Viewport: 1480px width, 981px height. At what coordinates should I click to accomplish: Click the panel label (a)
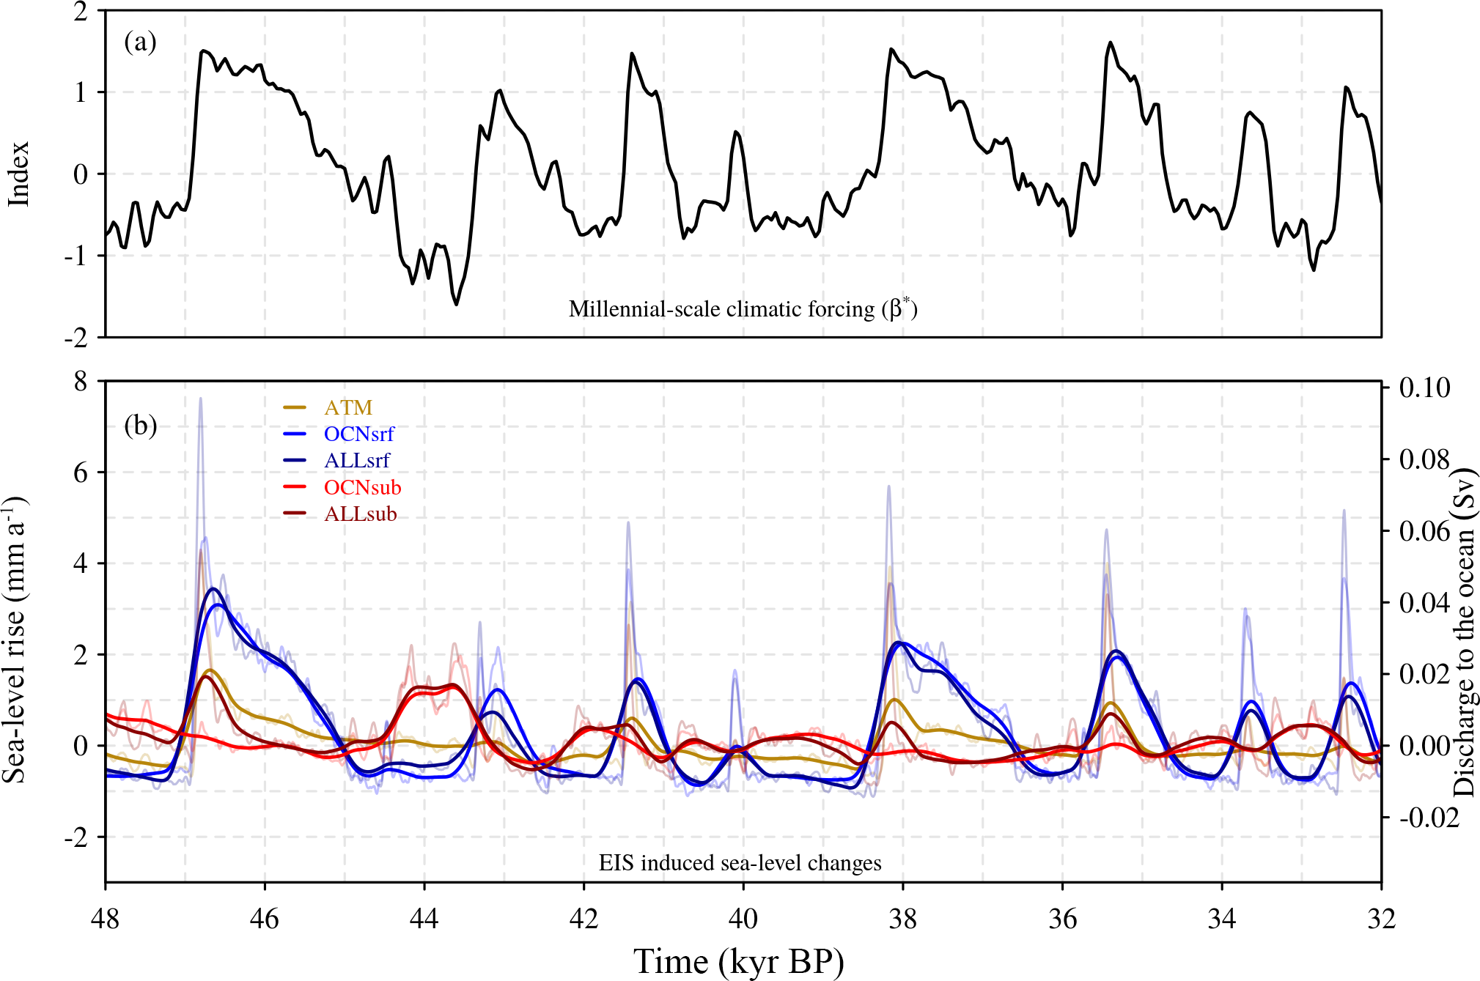pyautogui.click(x=140, y=42)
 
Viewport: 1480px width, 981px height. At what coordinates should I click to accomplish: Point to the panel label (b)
pyautogui.click(x=140, y=425)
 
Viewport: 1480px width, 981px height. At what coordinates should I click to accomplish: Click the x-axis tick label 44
pyautogui.click(x=424, y=918)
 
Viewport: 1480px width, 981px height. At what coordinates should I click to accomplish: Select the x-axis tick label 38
pyautogui.click(x=903, y=918)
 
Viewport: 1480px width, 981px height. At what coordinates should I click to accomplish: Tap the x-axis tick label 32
pyautogui.click(x=1381, y=918)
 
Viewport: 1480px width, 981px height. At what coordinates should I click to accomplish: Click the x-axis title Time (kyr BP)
pyautogui.click(x=739, y=961)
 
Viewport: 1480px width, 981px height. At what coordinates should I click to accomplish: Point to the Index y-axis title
pyautogui.click(x=18, y=174)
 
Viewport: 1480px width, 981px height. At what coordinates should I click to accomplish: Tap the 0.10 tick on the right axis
pyautogui.click(x=1424, y=388)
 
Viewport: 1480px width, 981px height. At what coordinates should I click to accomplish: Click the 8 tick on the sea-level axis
pyautogui.click(x=81, y=382)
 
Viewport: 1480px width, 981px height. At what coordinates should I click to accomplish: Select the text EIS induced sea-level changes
pyautogui.click(x=740, y=863)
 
